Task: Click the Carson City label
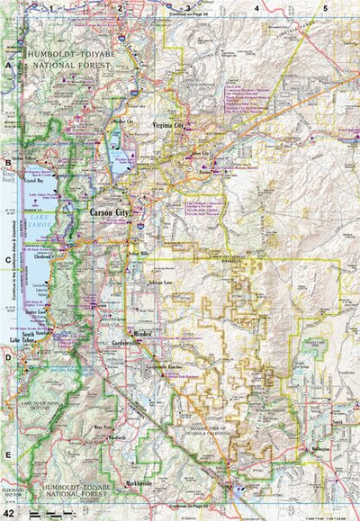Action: (x=110, y=212)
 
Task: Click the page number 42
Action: (x=9, y=513)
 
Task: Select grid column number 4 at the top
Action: (x=256, y=8)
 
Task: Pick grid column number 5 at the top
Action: (x=325, y=8)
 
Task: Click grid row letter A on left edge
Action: (x=8, y=66)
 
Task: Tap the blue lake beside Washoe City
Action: (x=114, y=144)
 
